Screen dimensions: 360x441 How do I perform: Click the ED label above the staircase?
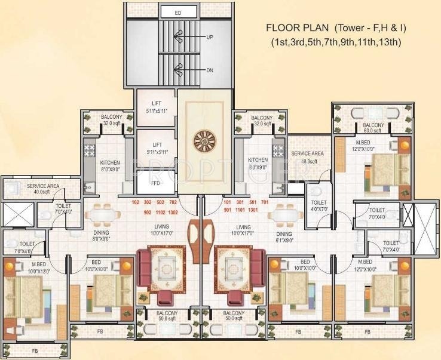click(x=178, y=12)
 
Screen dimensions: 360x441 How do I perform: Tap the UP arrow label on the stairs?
click(x=210, y=37)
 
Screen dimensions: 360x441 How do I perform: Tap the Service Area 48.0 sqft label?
click(x=307, y=157)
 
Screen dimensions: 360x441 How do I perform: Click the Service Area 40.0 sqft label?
click(x=42, y=189)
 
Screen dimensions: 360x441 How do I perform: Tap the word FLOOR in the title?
click(x=284, y=27)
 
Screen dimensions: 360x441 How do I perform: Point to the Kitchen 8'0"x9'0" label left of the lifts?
click(x=110, y=165)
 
